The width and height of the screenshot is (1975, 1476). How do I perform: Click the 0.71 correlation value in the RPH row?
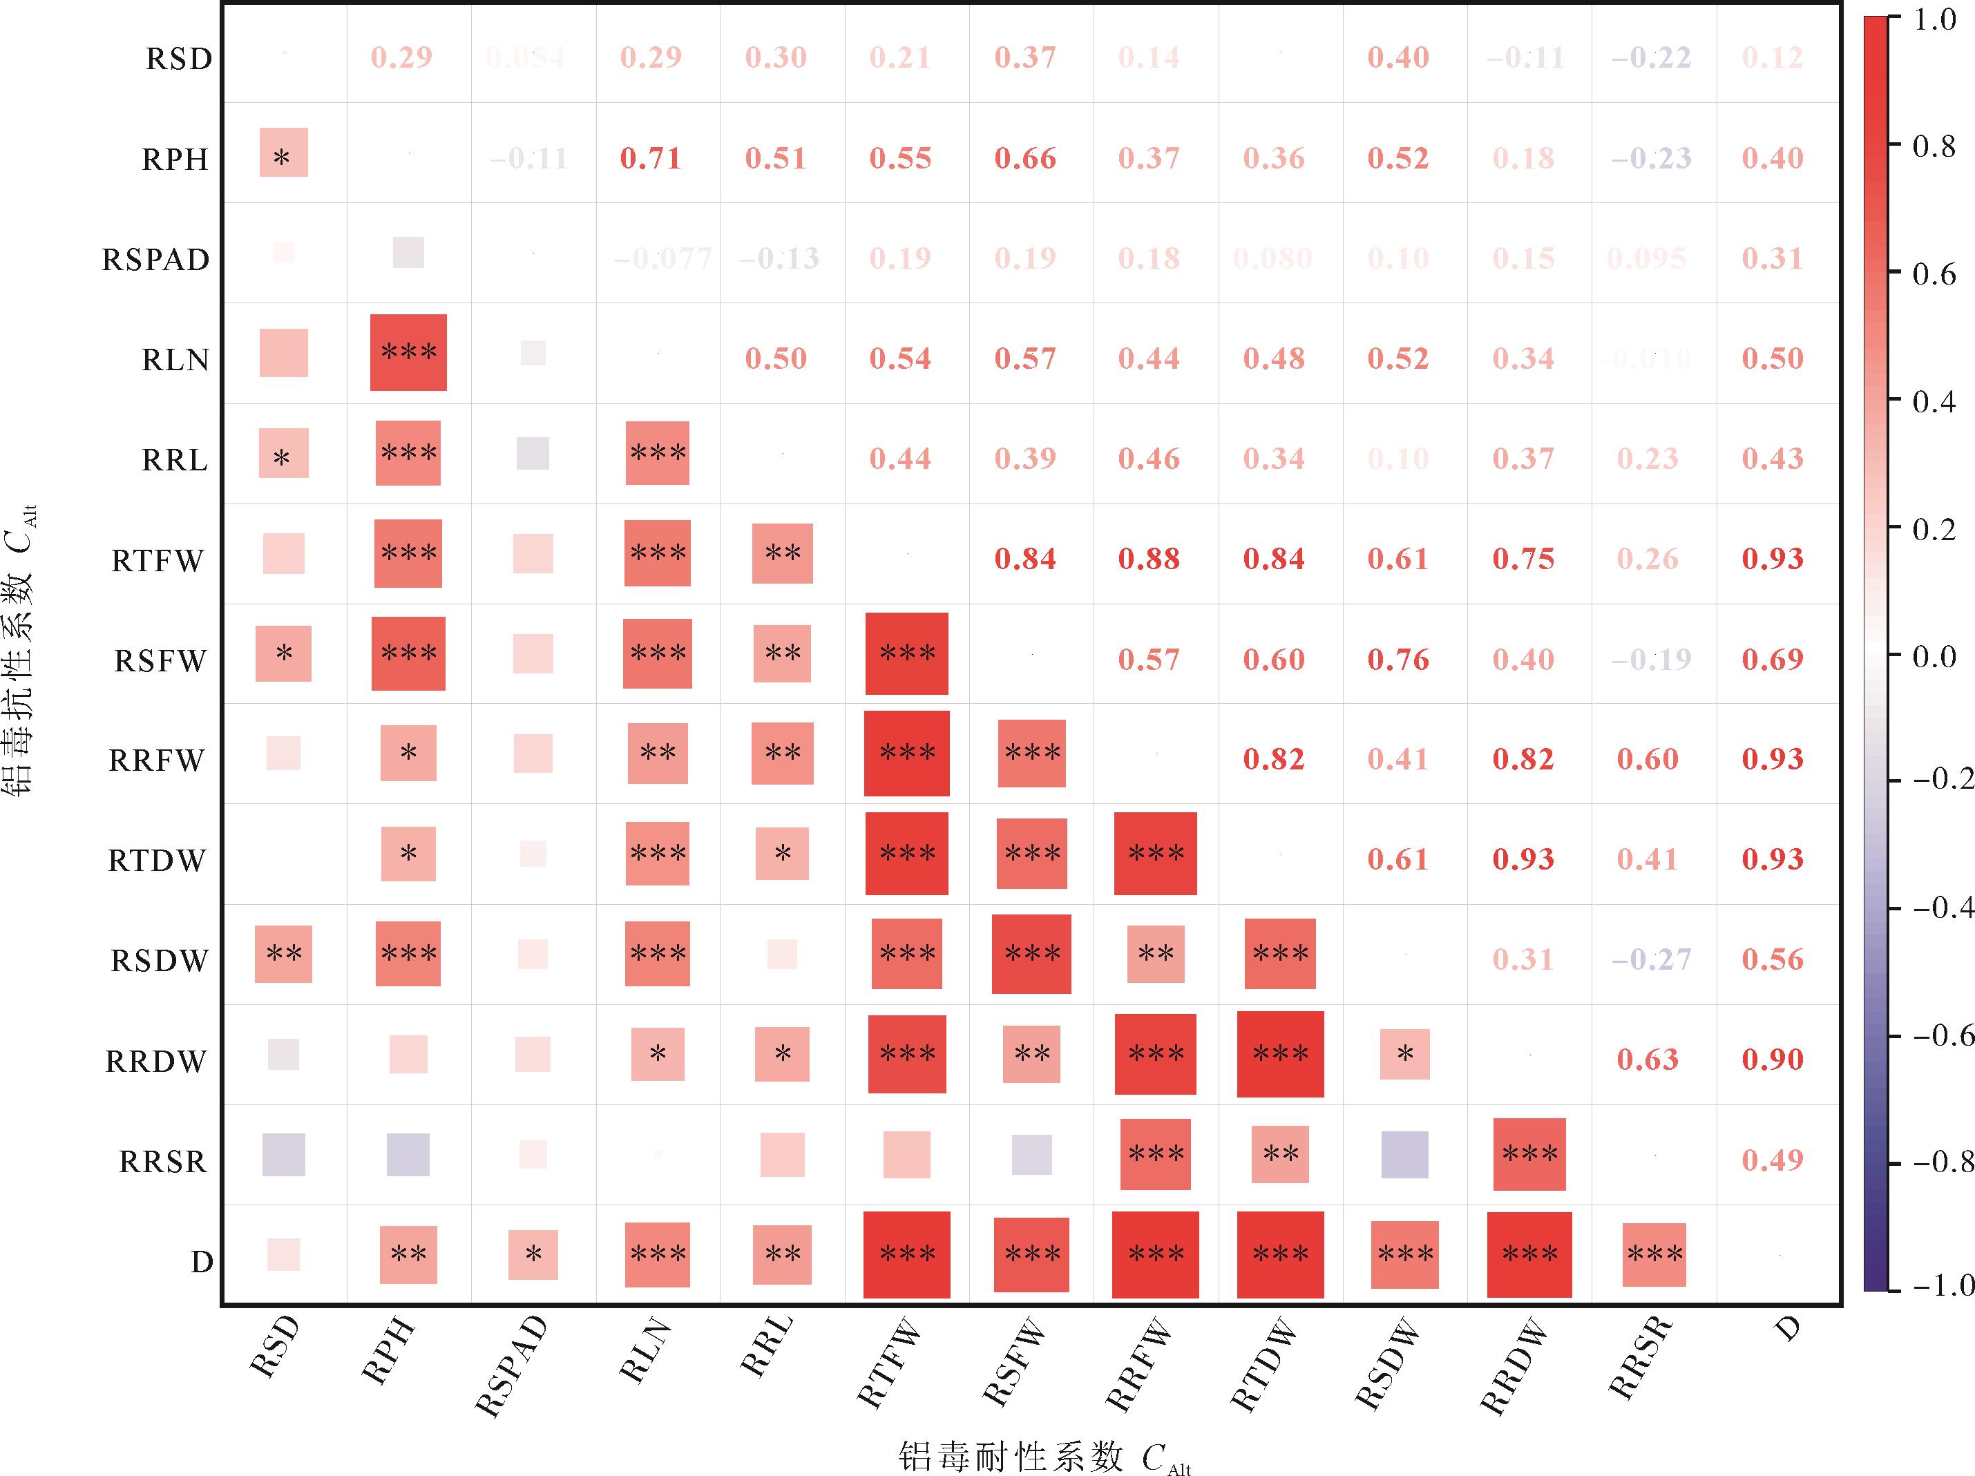(x=650, y=158)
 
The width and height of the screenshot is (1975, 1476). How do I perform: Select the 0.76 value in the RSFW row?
(x=1398, y=660)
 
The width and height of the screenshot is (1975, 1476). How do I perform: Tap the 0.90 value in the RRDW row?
(x=1773, y=1060)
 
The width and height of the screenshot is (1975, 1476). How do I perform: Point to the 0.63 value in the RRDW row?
(x=1648, y=1060)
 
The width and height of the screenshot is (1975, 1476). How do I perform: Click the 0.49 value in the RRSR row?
(x=1773, y=1160)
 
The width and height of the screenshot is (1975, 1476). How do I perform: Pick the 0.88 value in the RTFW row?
(x=1149, y=559)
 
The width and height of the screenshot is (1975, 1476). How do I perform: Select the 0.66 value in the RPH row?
(x=1025, y=158)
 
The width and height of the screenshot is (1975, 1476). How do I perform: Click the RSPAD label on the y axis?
(x=155, y=260)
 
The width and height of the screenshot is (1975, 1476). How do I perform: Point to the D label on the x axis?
(x=1786, y=1330)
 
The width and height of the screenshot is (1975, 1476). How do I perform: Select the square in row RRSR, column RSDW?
(x=1404, y=1155)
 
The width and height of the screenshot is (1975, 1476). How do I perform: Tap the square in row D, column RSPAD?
(x=533, y=1254)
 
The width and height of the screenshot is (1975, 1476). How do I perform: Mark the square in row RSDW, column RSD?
(x=284, y=954)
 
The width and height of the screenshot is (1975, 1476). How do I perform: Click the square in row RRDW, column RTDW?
(x=1280, y=1054)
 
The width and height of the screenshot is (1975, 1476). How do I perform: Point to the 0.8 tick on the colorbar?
(x=1893, y=146)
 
